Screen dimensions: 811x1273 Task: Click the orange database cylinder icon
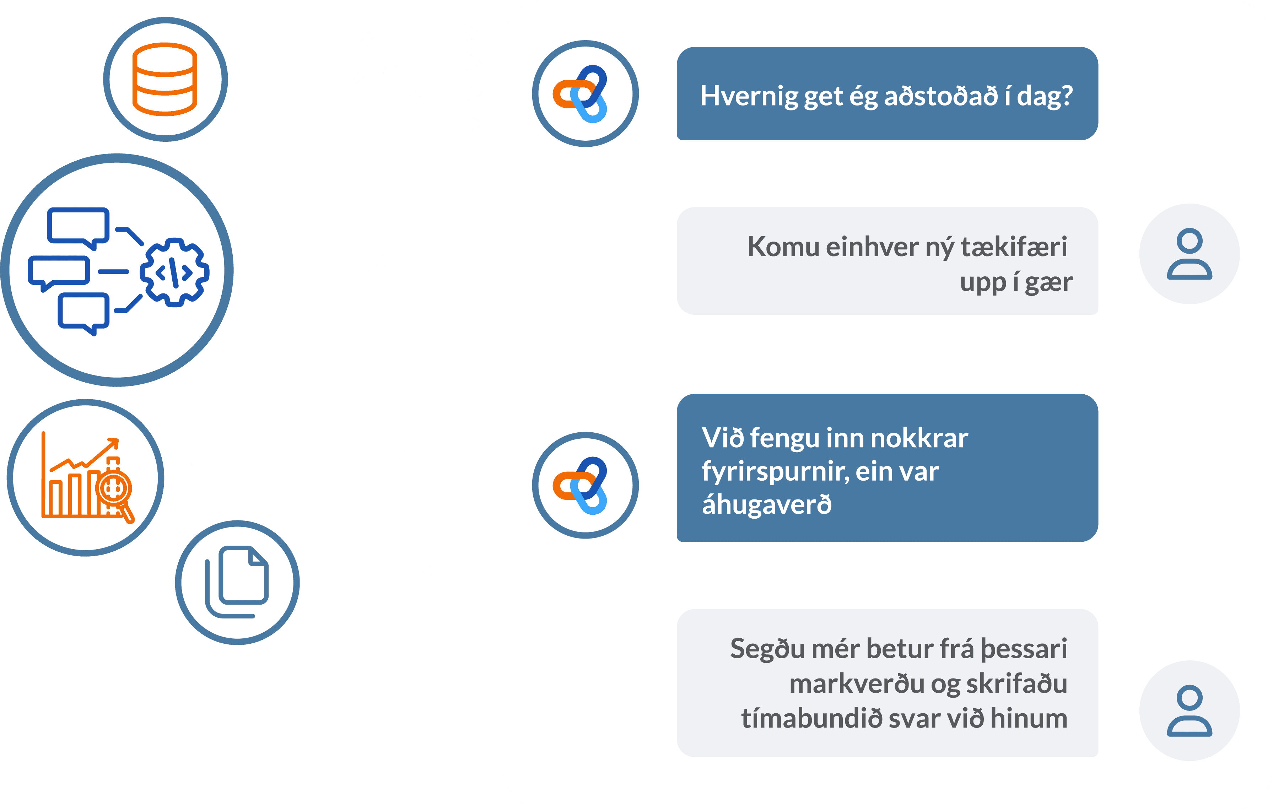coord(165,79)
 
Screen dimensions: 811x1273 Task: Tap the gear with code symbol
coord(174,272)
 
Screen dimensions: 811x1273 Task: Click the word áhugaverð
coord(767,504)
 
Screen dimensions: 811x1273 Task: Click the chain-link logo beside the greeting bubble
coord(585,93)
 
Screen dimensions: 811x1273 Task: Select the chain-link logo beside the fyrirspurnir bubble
coord(585,485)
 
